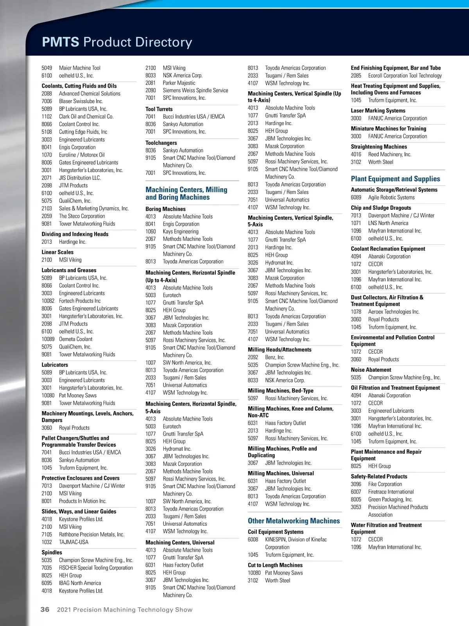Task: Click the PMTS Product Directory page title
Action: pyautogui.click(x=117, y=42)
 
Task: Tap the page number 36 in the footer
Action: pyautogui.click(x=45, y=610)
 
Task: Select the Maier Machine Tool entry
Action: pyautogui.click(x=79, y=68)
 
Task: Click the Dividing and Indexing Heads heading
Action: pyautogui.click(x=75, y=234)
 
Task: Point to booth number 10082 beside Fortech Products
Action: pyautogui.click(x=48, y=301)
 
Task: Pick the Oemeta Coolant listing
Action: pyautogui.click(x=75, y=339)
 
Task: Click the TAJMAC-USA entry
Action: pyautogui.click(x=73, y=542)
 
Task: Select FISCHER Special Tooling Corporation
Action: pyautogui.click(x=96, y=568)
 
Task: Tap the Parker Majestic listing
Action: pyautogui.click(x=179, y=83)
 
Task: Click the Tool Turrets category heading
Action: pyautogui.click(x=159, y=109)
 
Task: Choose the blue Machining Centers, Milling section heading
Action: pyautogui.click(x=186, y=193)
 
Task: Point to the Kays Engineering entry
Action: pyautogui.click(x=181, y=231)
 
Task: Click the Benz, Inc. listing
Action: pyautogui.click(x=275, y=357)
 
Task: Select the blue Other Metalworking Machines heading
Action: pyautogui.click(x=294, y=521)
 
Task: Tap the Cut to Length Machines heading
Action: pyautogui.click(x=275, y=565)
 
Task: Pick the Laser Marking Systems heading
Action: pyautogui.click(x=378, y=111)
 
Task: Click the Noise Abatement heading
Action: pyautogui.click(x=371, y=370)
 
